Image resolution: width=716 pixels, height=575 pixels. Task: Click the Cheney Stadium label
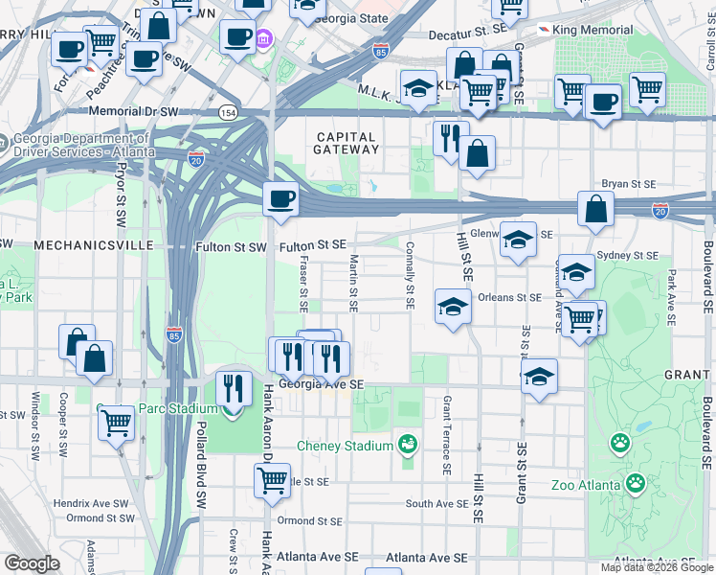(x=344, y=446)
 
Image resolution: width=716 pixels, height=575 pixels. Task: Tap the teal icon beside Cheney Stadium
(x=408, y=445)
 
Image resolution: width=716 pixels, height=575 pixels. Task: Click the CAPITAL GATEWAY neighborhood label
(x=347, y=142)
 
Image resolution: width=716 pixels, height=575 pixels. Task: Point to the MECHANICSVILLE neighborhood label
(x=94, y=246)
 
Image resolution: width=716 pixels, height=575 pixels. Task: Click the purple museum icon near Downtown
(x=263, y=40)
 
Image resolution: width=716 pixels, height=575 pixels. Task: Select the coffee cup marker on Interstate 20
(x=281, y=198)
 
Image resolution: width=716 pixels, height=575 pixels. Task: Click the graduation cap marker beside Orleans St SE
(x=453, y=306)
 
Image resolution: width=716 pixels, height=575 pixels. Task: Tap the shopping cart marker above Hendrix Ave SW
(x=116, y=421)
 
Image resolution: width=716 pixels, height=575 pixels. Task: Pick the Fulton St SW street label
(x=230, y=247)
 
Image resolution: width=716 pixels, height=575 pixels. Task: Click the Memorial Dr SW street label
(x=141, y=112)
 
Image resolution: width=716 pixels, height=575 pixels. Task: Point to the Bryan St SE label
(x=628, y=184)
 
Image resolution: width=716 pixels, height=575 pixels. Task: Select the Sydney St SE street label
(x=627, y=256)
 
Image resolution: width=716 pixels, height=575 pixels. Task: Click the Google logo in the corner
(x=33, y=563)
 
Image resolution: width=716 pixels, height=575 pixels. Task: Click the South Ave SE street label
(x=436, y=503)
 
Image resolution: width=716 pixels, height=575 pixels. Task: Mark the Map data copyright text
(x=655, y=567)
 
